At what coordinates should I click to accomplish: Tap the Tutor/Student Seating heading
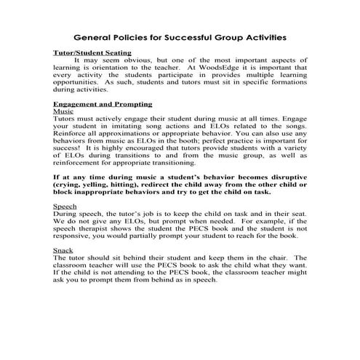coord(93,52)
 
